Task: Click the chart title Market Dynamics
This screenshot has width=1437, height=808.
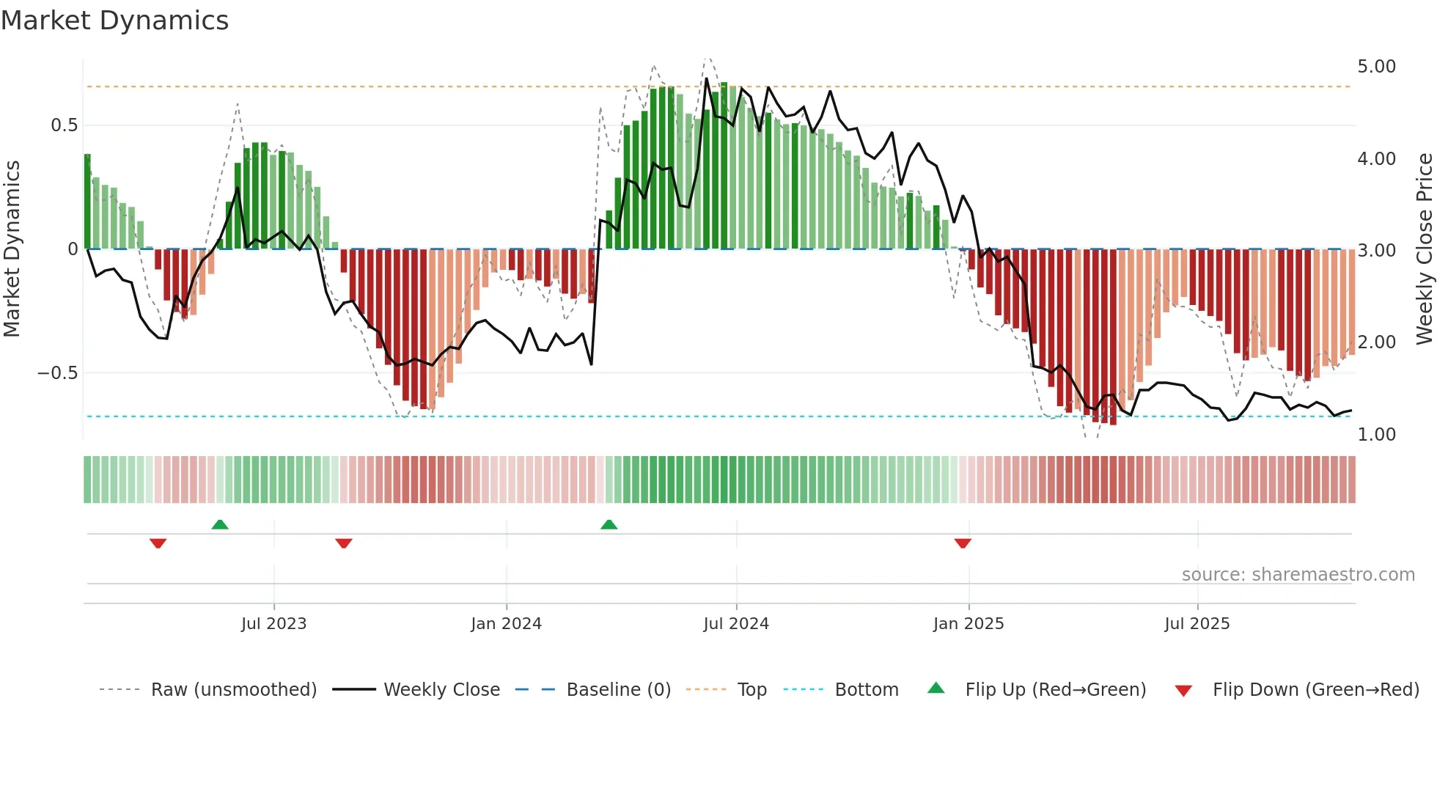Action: (114, 21)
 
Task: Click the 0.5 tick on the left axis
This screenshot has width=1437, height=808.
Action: (64, 125)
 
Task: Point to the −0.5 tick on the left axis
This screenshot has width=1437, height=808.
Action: (57, 373)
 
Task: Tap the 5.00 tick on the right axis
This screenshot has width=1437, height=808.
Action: (1376, 67)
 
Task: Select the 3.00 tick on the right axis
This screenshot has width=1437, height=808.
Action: (1376, 251)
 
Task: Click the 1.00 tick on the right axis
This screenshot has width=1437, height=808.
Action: (1376, 435)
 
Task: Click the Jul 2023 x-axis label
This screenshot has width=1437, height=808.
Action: (273, 624)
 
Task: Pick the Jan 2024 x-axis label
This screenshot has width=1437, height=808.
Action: (506, 624)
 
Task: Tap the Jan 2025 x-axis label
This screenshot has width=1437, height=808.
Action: (968, 624)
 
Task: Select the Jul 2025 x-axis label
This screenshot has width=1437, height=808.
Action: (1197, 624)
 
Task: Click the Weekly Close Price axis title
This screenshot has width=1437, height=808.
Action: (1424, 249)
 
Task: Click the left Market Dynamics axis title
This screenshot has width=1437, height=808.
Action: (12, 249)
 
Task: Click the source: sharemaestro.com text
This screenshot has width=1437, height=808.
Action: (1298, 575)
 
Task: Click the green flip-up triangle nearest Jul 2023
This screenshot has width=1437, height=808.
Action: (220, 524)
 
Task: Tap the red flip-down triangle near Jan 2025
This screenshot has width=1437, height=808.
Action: (963, 543)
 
